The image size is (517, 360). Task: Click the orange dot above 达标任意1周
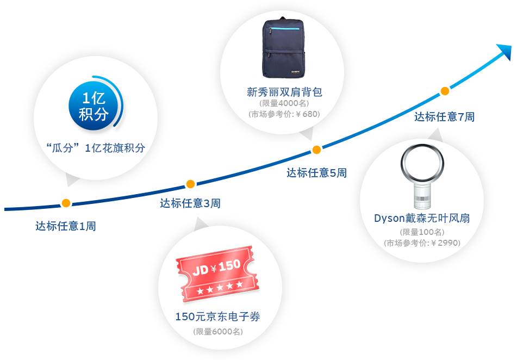66,203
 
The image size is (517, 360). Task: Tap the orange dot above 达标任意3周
190,184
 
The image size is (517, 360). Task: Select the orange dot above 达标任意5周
316,150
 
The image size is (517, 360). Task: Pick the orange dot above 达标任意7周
444,91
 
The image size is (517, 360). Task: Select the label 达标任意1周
66,226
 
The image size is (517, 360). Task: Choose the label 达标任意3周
190,204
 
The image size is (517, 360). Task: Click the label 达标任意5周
316,173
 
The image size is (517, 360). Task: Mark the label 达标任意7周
444,116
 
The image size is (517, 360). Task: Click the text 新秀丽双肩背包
284,92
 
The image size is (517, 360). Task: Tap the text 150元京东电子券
217,316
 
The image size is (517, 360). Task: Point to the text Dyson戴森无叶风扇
421,219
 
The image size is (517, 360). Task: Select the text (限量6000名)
217,332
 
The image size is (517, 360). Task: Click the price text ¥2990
445,243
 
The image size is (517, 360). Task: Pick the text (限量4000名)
284,103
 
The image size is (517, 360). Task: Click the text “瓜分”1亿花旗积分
96,148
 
